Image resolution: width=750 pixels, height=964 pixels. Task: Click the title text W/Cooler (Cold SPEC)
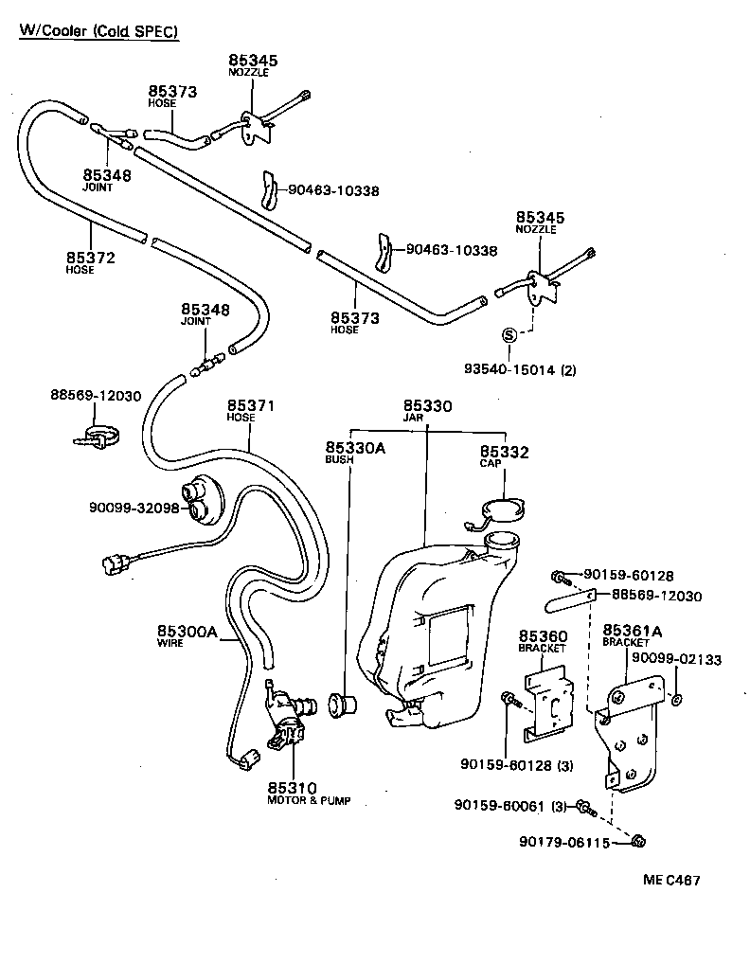(x=99, y=31)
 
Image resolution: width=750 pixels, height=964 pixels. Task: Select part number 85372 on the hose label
(x=91, y=258)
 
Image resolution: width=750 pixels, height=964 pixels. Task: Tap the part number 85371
(x=250, y=405)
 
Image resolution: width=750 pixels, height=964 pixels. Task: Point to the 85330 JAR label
(x=427, y=410)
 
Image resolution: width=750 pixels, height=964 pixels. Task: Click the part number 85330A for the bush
(x=355, y=448)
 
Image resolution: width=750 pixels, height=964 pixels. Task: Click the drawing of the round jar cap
(x=500, y=511)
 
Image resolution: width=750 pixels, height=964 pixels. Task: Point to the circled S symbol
(x=509, y=334)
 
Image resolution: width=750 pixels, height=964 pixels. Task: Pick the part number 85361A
(x=632, y=630)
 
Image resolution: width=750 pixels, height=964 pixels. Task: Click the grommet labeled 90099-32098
(x=204, y=499)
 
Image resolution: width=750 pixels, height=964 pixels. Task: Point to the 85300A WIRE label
(x=187, y=633)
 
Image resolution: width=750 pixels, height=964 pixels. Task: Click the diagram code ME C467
(x=671, y=880)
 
